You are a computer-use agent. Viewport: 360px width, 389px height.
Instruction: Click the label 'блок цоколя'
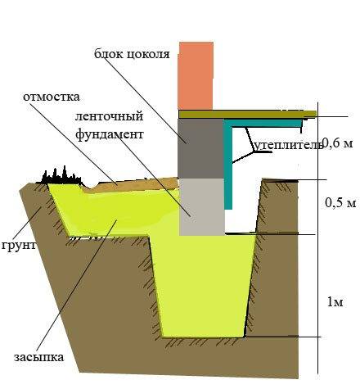[132, 54]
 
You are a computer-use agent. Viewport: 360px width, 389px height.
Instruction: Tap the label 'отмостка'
[52, 97]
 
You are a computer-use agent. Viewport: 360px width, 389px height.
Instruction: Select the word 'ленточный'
[109, 116]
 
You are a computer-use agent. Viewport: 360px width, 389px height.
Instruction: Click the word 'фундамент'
[110, 134]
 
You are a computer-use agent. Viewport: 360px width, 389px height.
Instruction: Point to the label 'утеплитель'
[287, 145]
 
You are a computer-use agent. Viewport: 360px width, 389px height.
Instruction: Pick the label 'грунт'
[19, 246]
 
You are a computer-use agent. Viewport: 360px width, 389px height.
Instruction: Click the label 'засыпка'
[39, 357]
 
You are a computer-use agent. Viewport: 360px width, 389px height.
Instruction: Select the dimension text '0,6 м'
[338, 142]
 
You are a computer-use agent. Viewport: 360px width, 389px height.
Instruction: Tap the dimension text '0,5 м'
[340, 202]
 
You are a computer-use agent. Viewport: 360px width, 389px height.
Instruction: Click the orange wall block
[196, 76]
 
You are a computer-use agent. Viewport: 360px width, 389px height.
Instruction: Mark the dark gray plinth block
[200, 148]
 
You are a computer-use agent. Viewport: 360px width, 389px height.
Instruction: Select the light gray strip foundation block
[202, 207]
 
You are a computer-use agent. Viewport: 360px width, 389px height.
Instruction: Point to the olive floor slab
[247, 114]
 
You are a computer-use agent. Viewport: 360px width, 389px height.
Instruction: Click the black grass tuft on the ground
[59, 176]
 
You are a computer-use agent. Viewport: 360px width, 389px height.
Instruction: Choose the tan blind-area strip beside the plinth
[131, 184]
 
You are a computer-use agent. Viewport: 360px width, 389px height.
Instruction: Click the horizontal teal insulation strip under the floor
[263, 123]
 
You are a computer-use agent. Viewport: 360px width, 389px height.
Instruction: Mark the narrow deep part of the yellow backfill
[202, 287]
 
